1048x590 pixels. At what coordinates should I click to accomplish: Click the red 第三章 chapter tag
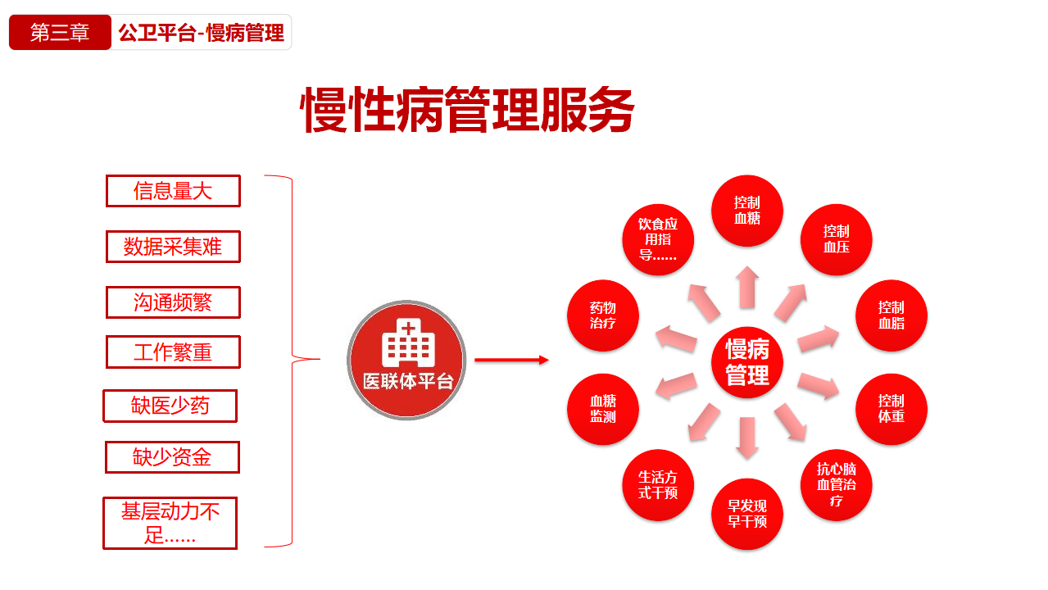[x=60, y=33]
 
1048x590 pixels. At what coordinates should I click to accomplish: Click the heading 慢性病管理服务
[x=468, y=111]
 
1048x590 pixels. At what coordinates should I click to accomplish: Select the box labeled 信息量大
[x=173, y=191]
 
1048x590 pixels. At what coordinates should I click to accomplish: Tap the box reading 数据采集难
[x=173, y=247]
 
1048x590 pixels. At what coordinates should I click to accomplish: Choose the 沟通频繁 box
[x=173, y=302]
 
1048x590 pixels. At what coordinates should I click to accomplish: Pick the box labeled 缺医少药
[x=170, y=406]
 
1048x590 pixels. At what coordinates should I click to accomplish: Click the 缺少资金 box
[x=172, y=457]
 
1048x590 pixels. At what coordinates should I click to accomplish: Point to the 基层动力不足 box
[x=170, y=523]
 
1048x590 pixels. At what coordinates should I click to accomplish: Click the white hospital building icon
[x=407, y=343]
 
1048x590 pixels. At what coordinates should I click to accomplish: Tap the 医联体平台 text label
[x=407, y=382]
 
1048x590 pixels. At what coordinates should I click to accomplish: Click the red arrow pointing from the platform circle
[x=511, y=360]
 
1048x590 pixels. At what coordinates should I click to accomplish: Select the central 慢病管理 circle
[x=747, y=362]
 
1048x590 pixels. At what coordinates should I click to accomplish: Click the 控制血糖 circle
[x=747, y=211]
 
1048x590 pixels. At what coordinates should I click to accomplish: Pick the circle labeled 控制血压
[x=836, y=239]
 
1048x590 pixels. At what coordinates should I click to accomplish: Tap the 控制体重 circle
[x=891, y=409]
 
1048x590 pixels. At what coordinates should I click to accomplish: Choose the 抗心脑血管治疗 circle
[x=836, y=485]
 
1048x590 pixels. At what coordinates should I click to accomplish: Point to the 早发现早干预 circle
[x=747, y=514]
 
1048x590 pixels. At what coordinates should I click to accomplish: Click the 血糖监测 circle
[x=603, y=409]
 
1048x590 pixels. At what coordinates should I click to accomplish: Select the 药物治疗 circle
[x=603, y=315]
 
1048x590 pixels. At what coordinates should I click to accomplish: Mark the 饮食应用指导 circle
[x=658, y=239]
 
